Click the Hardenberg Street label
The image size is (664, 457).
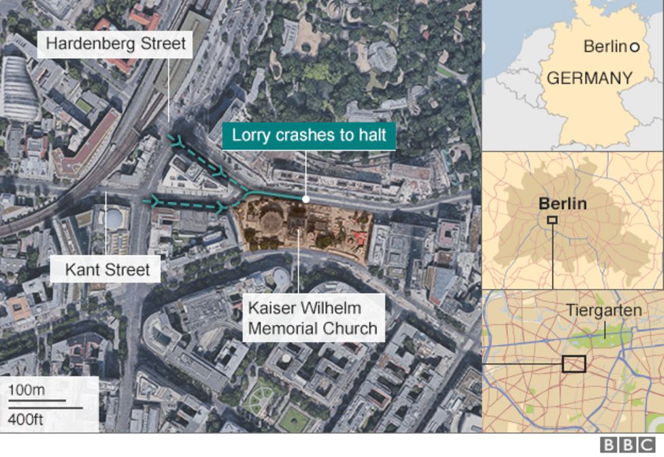pos(115,45)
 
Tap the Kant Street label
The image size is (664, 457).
pos(107,270)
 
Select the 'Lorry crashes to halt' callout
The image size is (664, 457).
pos(309,135)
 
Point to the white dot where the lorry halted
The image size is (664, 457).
pos(306,199)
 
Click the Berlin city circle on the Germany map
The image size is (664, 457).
pos(634,47)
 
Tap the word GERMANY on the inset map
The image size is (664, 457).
pos(589,78)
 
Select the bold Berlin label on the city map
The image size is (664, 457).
pos(562,203)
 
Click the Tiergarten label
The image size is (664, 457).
pos(603,311)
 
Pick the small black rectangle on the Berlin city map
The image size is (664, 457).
pos(552,220)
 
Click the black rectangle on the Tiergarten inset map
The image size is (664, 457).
pos(574,364)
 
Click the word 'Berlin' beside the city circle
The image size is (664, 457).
pos(604,46)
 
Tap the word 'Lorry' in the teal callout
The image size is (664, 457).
pos(248,135)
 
